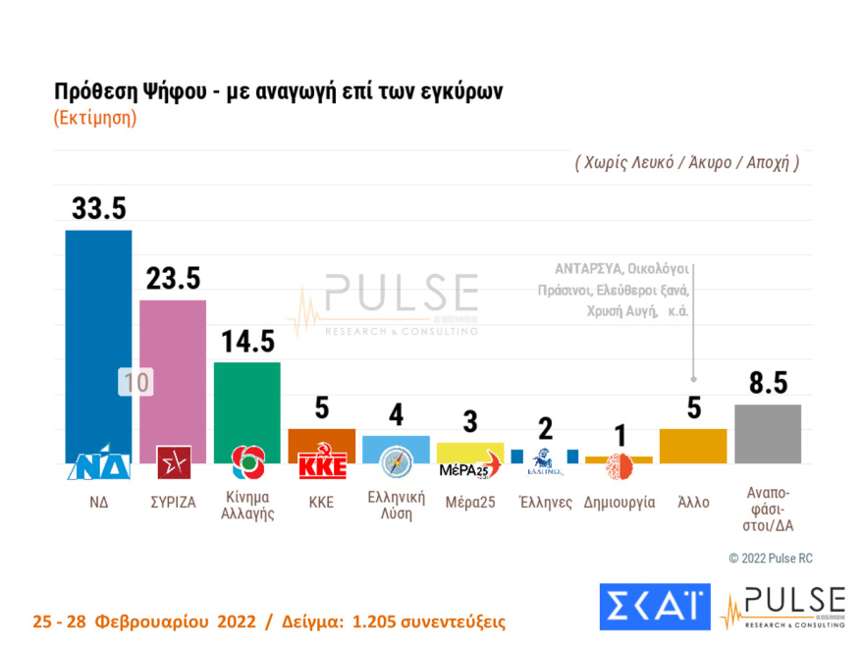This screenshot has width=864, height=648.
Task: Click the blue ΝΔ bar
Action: [98, 334]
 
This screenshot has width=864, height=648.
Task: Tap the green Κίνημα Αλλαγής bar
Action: [247, 403]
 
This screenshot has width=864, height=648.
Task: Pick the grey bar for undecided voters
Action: [768, 433]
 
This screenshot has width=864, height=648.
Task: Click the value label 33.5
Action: [98, 208]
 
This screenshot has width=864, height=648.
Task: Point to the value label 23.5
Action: [173, 278]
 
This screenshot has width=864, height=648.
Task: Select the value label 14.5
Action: [247, 342]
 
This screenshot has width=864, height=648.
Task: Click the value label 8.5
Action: [768, 383]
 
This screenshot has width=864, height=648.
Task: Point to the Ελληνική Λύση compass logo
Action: [396, 461]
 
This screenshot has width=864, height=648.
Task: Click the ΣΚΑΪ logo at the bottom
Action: [654, 607]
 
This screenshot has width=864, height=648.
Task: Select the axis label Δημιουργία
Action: [619, 502]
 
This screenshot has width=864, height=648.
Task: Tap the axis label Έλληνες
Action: [545, 502]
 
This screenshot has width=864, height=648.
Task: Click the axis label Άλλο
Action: [693, 502]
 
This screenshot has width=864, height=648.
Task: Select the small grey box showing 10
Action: [136, 383]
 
